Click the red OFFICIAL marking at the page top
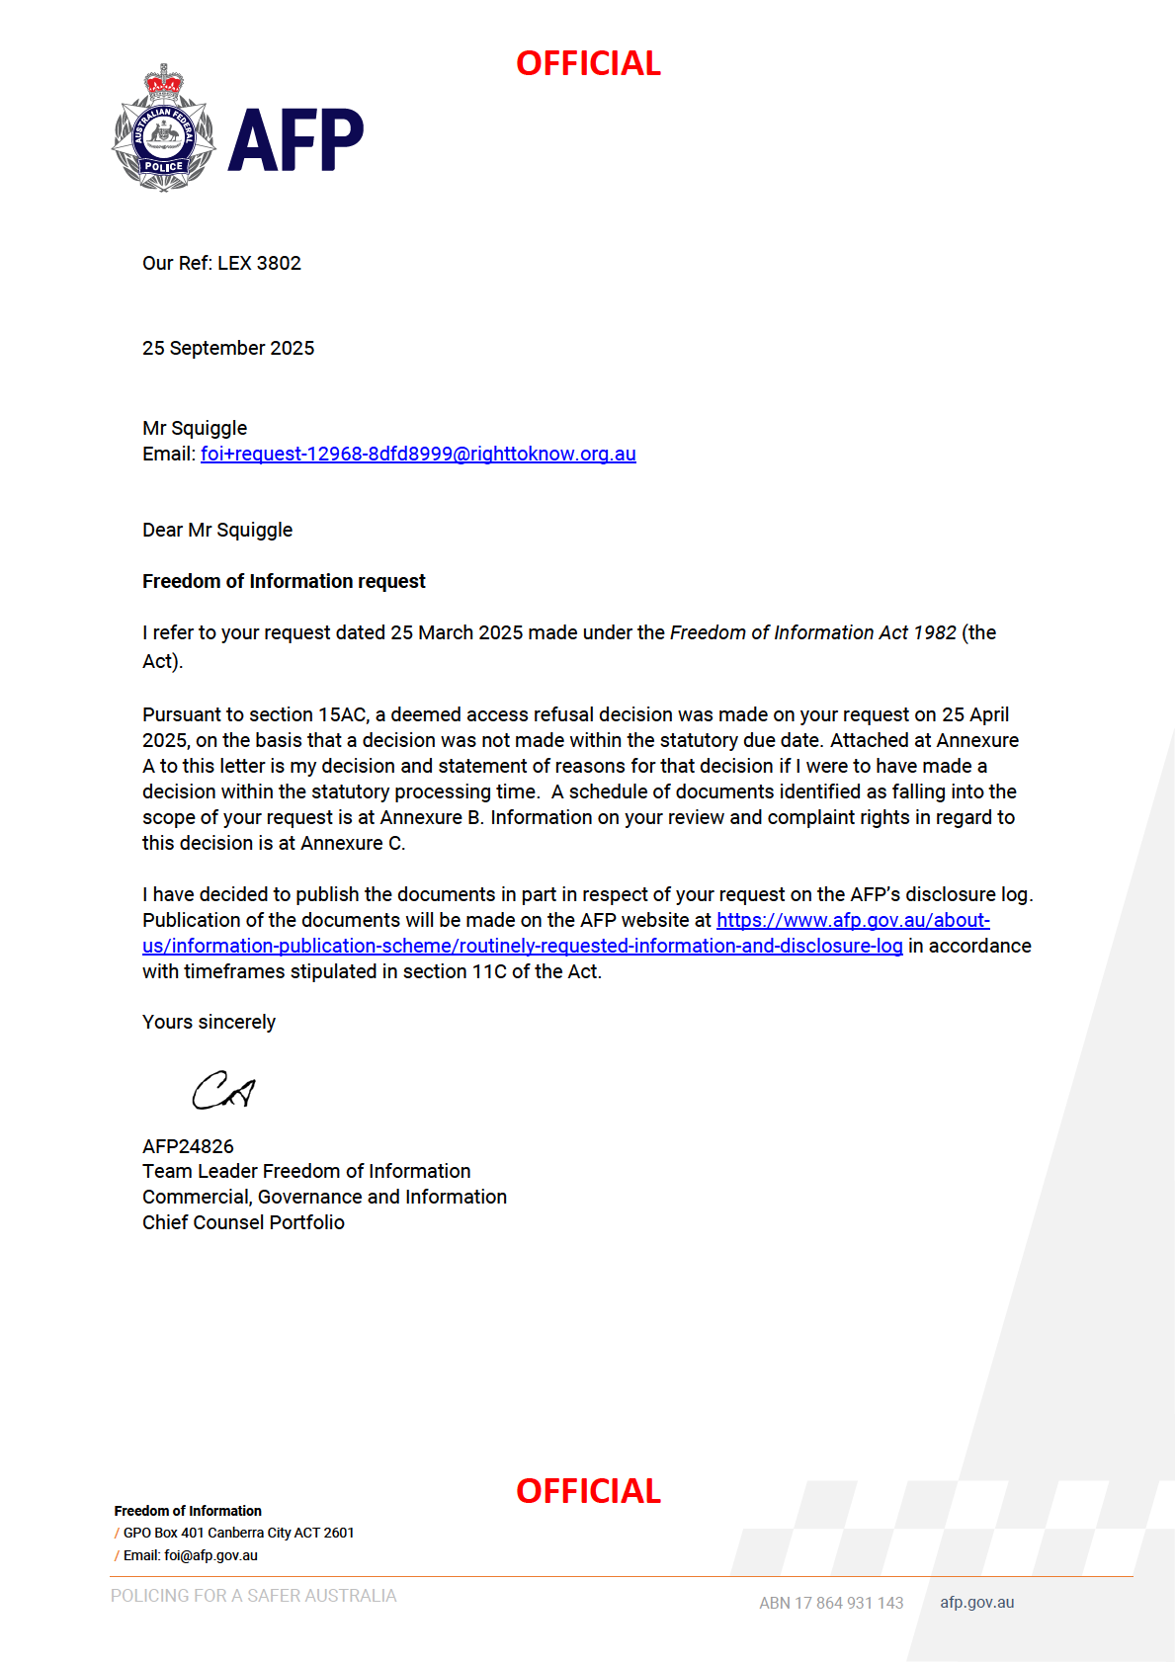(588, 64)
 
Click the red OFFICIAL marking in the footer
(588, 1491)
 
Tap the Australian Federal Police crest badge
(164, 129)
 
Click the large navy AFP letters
(295, 140)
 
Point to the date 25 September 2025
(228, 349)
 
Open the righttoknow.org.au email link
(418, 455)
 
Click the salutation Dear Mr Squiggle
(217, 531)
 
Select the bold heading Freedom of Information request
(284, 582)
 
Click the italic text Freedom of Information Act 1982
(812, 633)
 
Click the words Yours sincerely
(209, 1023)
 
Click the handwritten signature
(223, 1091)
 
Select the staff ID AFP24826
(188, 1147)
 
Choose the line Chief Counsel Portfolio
(243, 1223)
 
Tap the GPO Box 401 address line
(238, 1534)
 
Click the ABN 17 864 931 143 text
(831, 1603)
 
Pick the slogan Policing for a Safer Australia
(253, 1596)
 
